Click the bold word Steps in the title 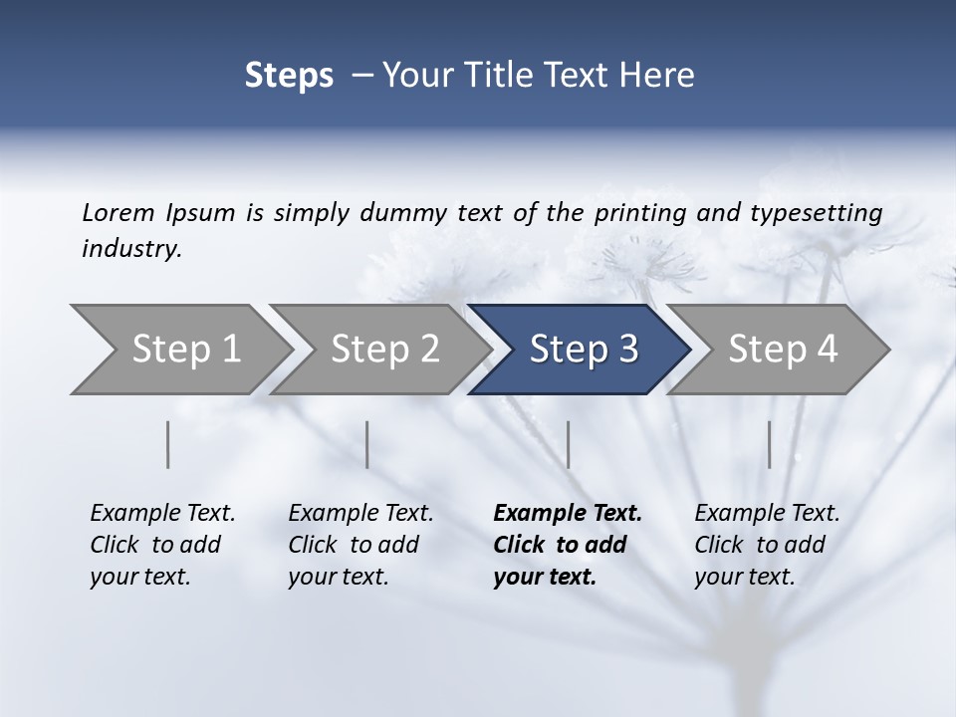289,76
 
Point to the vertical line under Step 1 168,444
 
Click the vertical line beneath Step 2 367,444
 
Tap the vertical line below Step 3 569,444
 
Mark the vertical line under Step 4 769,444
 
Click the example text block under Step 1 162,545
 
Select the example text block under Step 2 360,545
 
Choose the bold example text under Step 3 567,545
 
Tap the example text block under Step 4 767,545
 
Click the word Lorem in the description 119,212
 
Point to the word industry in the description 131,248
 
